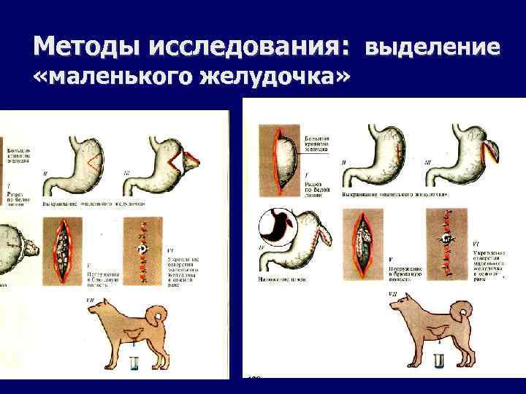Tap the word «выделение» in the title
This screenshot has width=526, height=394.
click(432, 48)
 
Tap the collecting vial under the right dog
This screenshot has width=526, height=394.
click(439, 361)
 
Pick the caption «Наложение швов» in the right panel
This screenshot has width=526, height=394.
click(281, 279)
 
